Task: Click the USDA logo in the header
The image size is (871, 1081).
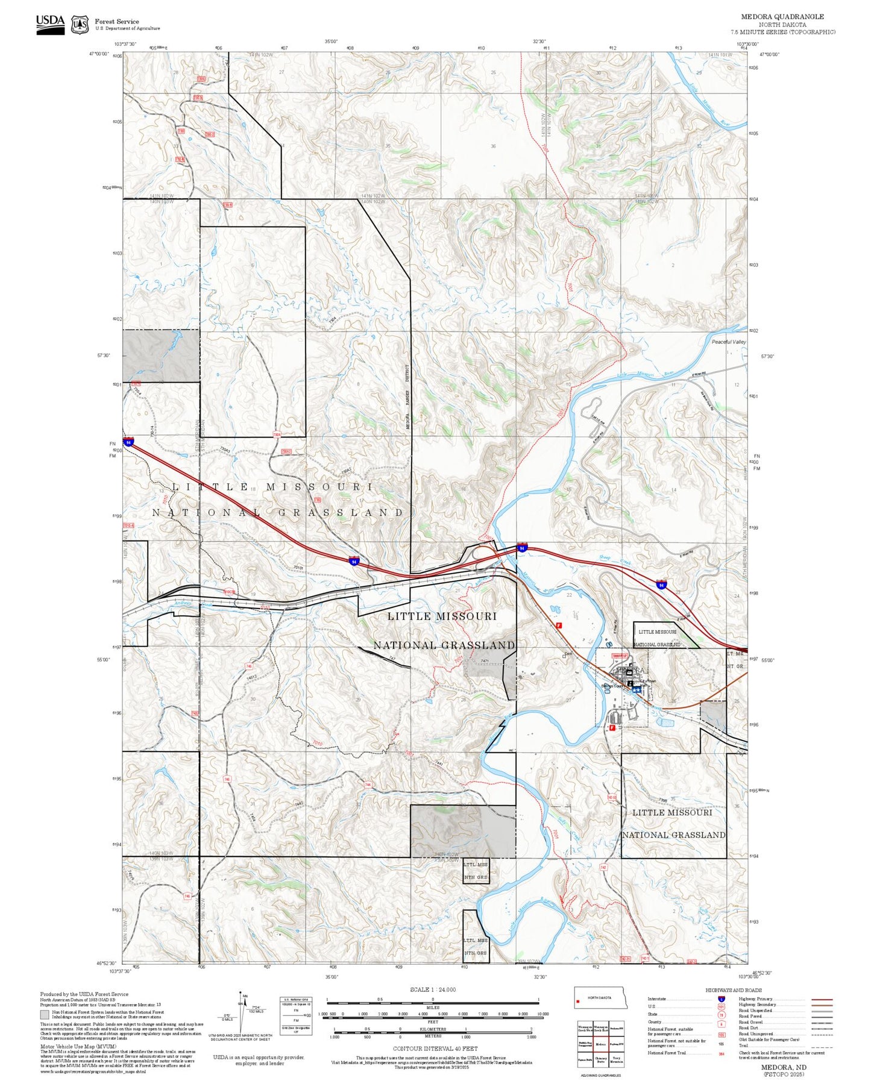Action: (50, 23)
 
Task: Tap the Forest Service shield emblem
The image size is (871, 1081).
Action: (80, 24)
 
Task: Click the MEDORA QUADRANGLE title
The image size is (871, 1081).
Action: (782, 17)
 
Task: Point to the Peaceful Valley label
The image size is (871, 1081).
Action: (728, 342)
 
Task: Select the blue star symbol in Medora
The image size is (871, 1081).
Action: (636, 689)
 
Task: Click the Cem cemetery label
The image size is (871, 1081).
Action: (567, 654)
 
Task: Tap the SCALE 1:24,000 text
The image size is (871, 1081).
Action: (432, 989)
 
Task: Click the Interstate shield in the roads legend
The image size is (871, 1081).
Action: (721, 999)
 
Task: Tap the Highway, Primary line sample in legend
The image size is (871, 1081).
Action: (822, 999)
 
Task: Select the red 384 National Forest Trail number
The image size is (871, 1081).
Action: (721, 1053)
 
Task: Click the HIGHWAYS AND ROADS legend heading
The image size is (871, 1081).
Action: (734, 990)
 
